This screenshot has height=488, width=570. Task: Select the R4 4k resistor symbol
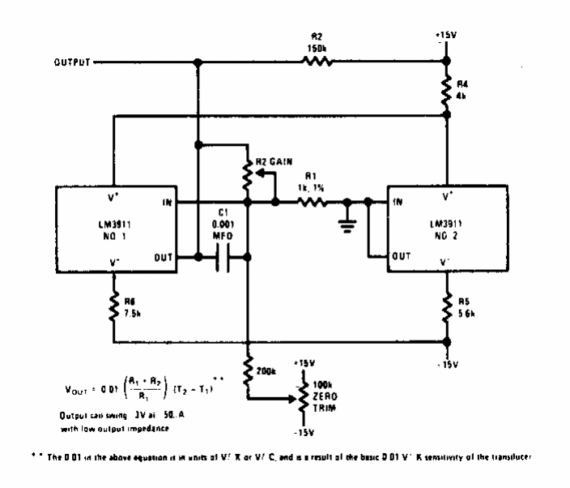click(446, 88)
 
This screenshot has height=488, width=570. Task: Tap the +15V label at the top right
click(446, 36)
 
